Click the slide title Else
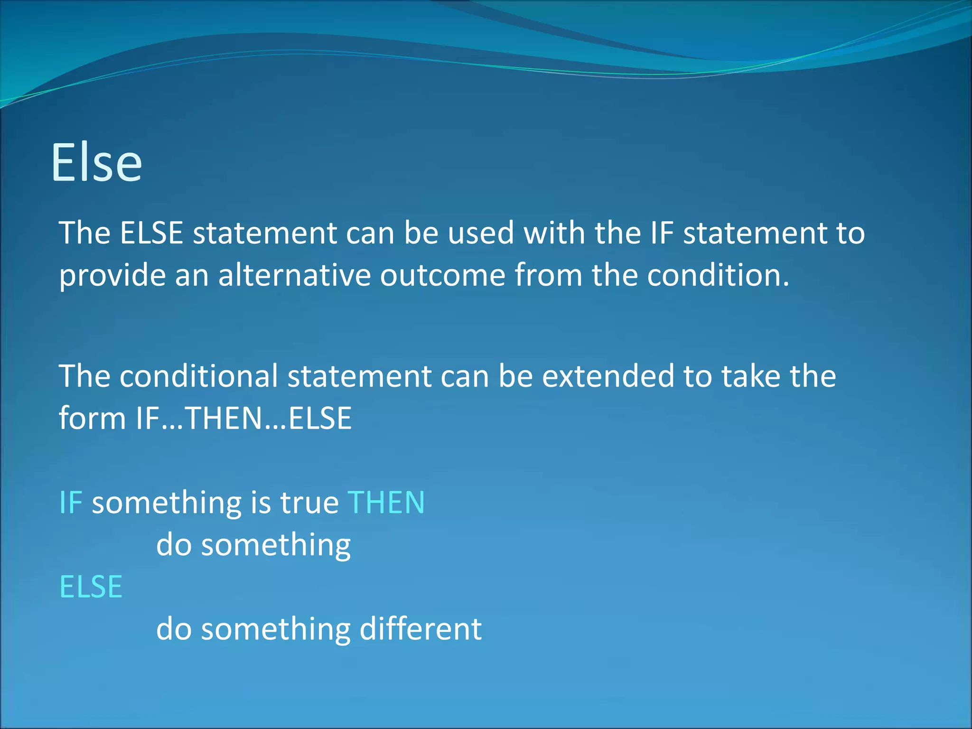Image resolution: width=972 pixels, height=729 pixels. (96, 163)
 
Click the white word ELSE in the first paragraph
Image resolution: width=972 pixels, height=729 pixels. (151, 233)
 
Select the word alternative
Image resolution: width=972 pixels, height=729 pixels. (294, 275)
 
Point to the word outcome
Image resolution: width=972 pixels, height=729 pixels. (442, 275)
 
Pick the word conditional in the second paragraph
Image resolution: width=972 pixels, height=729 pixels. (198, 376)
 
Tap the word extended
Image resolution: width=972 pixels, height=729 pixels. (608, 376)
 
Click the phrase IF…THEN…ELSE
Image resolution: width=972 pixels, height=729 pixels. (244, 418)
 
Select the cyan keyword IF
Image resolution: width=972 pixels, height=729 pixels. (71, 503)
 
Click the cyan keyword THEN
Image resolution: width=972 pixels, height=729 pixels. (386, 503)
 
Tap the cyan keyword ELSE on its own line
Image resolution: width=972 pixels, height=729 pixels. (91, 587)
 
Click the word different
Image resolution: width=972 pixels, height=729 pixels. (421, 629)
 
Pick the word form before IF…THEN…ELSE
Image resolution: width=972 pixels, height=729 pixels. (92, 418)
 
